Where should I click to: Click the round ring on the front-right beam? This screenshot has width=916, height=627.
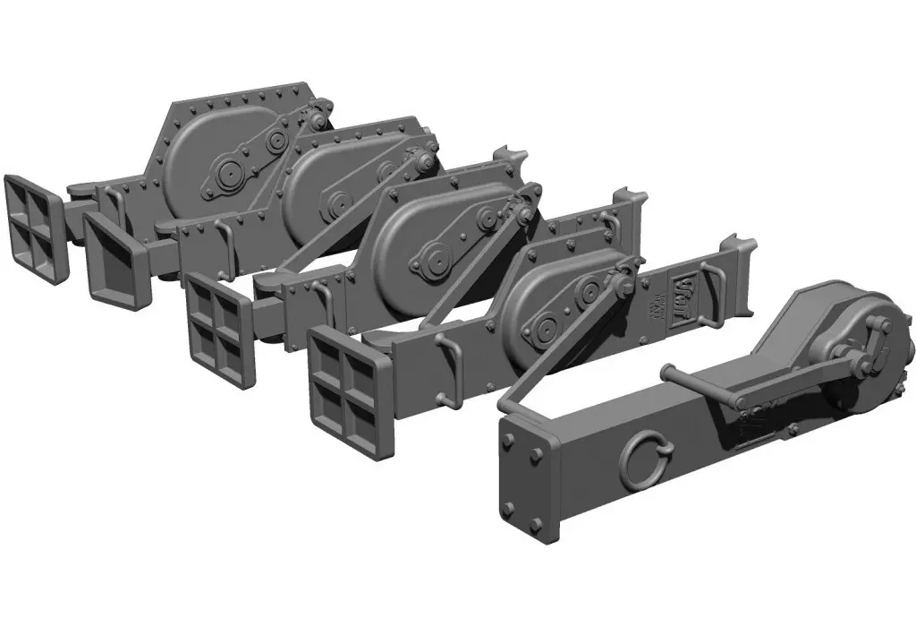pos(640,463)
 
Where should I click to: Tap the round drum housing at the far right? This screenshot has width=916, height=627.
pos(859,358)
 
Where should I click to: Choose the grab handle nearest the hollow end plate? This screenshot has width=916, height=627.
pos(225,240)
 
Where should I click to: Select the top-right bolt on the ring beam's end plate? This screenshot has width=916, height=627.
pos(547,459)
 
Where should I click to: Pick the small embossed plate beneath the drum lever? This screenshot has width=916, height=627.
pos(757,417)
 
